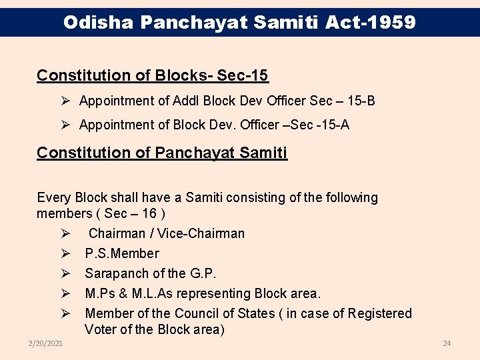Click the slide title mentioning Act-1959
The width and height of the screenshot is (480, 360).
point(239,23)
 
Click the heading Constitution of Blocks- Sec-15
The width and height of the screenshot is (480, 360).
point(153,75)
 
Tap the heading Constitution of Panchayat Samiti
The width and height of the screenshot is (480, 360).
point(162,153)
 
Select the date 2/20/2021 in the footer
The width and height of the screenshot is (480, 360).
point(46,343)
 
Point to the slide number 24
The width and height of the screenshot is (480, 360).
point(447,343)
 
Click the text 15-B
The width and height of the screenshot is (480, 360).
point(361,101)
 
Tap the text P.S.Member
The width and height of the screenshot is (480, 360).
point(122,253)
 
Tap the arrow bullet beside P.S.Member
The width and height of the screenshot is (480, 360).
point(65,253)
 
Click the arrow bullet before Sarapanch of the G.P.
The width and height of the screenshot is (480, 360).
point(65,273)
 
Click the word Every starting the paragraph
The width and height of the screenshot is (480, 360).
point(54,197)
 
